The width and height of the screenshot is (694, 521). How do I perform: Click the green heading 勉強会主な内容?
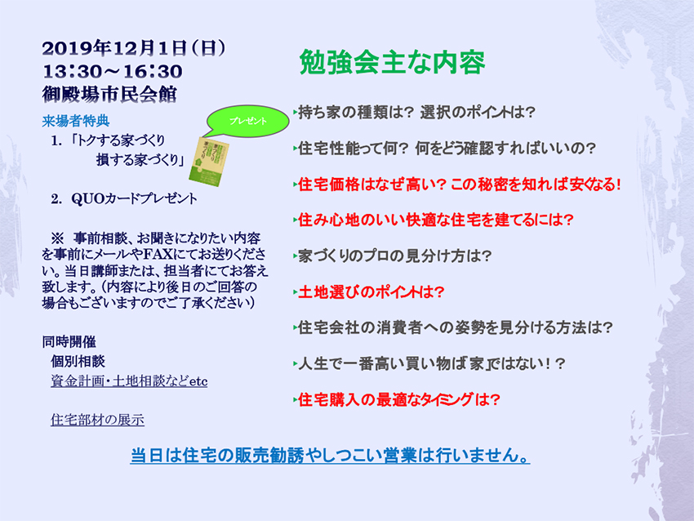point(392,62)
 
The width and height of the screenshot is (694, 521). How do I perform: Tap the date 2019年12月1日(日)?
point(134,48)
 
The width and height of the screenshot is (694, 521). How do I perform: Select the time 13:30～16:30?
point(113,72)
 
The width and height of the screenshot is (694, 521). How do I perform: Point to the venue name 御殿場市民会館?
point(109,94)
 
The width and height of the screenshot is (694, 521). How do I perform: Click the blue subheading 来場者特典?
point(76,121)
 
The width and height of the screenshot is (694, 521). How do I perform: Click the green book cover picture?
point(206,161)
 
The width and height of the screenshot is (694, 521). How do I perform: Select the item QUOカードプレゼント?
point(134,198)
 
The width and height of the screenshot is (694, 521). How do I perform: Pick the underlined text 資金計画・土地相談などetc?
point(129,381)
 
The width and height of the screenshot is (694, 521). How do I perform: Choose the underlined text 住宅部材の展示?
point(97,420)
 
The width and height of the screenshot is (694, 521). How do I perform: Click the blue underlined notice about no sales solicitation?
point(330,456)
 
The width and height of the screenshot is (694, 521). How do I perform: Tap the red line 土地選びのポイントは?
point(371,292)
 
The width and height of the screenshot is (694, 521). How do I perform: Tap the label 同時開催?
point(69,341)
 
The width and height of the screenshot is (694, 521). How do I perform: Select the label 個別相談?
point(78,361)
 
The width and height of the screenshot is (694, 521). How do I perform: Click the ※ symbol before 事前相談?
point(57,238)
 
